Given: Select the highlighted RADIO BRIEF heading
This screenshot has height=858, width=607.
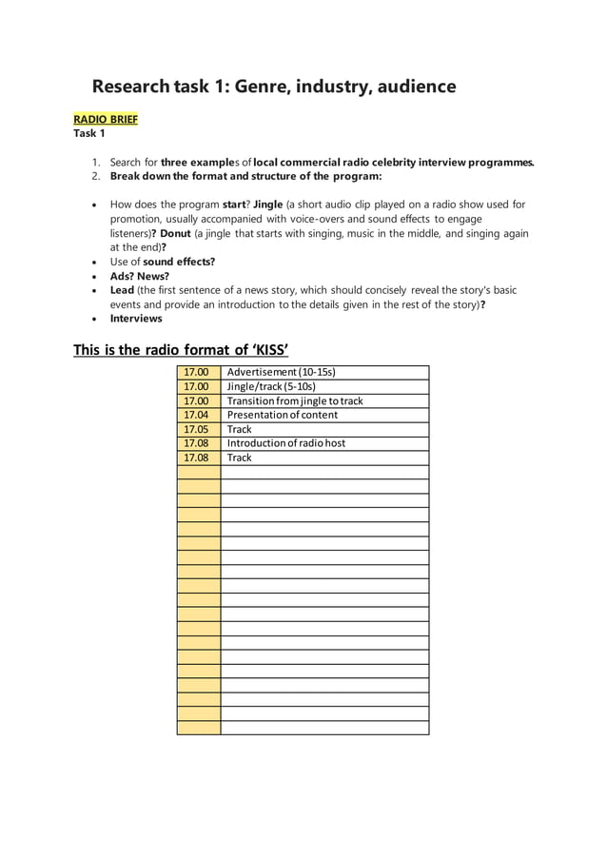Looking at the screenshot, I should pyautogui.click(x=106, y=119).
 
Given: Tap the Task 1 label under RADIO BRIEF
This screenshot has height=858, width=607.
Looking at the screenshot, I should pyautogui.click(x=89, y=133).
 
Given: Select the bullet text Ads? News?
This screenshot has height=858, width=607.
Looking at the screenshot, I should pyautogui.click(x=140, y=276).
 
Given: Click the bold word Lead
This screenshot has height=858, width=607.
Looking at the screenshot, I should pyautogui.click(x=122, y=290).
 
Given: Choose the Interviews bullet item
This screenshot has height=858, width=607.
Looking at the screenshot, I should pyautogui.click(x=136, y=319).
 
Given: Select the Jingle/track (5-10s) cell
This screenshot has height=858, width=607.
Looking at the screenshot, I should pyautogui.click(x=271, y=386).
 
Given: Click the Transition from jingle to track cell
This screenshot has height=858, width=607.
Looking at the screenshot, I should pyautogui.click(x=295, y=400).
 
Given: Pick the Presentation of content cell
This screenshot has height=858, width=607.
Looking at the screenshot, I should pyautogui.click(x=283, y=415).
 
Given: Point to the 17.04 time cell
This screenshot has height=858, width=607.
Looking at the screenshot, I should pyautogui.click(x=197, y=415).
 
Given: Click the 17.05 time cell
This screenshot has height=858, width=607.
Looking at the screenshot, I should pyautogui.click(x=197, y=429).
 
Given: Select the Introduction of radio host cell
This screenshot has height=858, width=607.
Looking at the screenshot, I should pyautogui.click(x=286, y=443).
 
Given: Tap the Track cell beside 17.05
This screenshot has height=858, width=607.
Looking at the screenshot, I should pyautogui.click(x=240, y=429).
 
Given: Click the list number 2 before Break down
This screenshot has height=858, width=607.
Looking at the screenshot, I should pyautogui.click(x=96, y=176).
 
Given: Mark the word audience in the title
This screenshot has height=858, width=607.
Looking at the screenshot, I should pyautogui.click(x=413, y=88).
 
